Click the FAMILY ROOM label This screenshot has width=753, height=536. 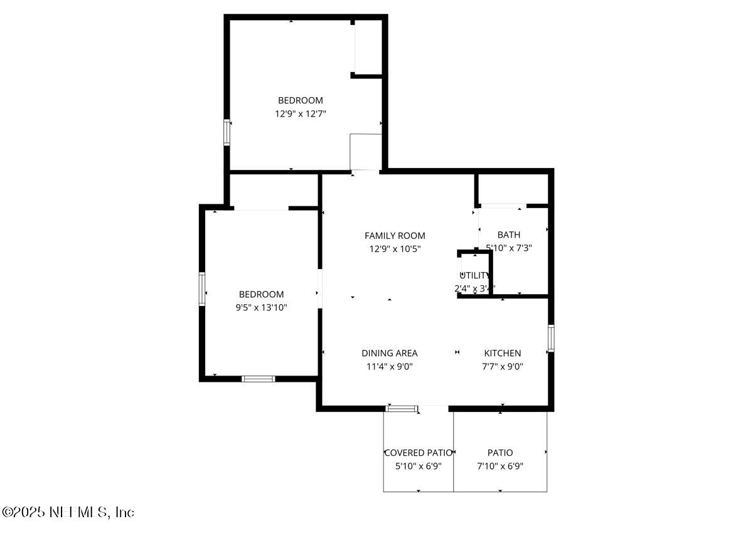[x=395, y=236]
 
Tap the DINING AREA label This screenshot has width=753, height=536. [x=389, y=353]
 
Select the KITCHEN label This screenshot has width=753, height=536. [x=502, y=353]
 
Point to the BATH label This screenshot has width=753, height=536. [x=508, y=235]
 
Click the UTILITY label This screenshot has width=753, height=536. [x=475, y=275]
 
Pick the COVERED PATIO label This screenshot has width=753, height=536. [x=418, y=453]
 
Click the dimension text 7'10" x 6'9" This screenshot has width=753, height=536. [x=500, y=466]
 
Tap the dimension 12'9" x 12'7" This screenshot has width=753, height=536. [x=301, y=113]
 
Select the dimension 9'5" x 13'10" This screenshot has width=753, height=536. [x=261, y=307]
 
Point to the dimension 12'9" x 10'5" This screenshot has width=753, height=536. [x=395, y=249]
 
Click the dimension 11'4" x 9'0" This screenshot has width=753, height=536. [x=389, y=366]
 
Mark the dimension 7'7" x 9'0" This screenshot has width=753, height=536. [x=502, y=366]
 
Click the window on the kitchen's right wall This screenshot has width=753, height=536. [x=550, y=338]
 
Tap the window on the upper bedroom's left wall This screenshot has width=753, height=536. [x=227, y=133]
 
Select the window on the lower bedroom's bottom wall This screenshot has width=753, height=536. [x=259, y=379]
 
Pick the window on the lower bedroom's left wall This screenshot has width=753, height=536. [x=202, y=289]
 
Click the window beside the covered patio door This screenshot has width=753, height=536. [x=402, y=409]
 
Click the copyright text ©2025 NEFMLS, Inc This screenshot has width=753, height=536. [x=68, y=512]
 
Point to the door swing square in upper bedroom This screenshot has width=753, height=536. [x=366, y=152]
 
